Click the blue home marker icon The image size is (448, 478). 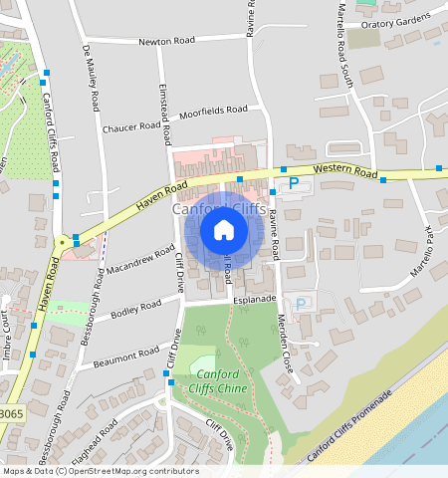[x=224, y=231]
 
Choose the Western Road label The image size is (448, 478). [x=344, y=172]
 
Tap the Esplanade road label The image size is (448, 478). [x=254, y=299]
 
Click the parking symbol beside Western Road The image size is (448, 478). [x=294, y=183]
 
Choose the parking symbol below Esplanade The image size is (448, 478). [x=301, y=304]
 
